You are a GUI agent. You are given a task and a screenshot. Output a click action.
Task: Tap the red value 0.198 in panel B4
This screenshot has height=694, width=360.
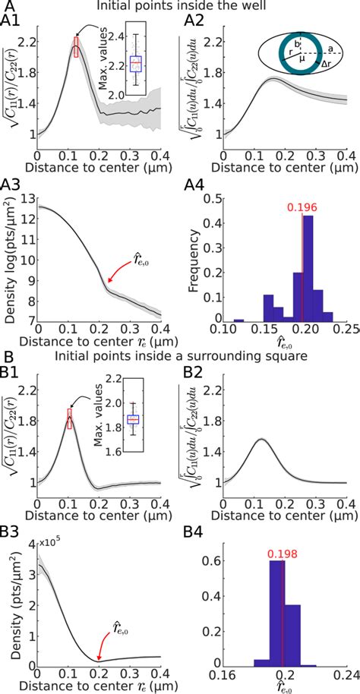click(283, 543)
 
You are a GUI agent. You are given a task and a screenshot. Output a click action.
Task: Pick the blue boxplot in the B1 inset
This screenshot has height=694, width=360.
click(134, 420)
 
